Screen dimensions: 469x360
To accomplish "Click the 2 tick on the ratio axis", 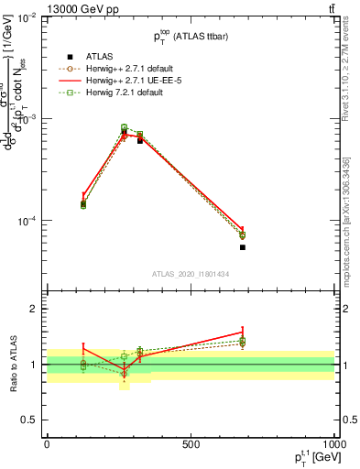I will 35,310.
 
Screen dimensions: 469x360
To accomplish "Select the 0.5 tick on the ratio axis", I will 31,420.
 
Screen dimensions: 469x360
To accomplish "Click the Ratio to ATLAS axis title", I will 13,365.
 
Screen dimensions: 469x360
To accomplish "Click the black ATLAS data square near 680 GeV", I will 243,247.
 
